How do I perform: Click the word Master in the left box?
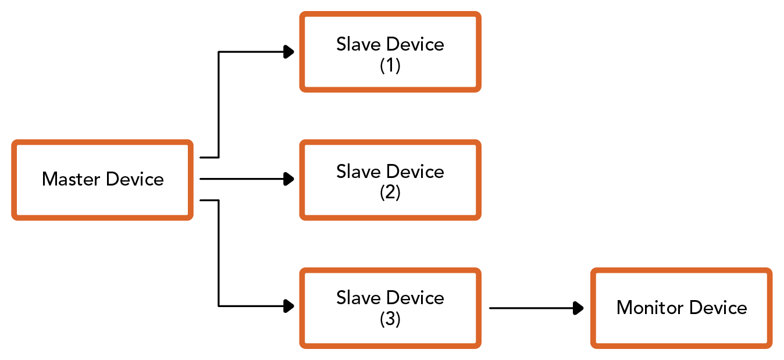[71, 179]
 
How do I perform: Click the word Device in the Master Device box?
[135, 179]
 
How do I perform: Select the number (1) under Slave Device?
[390, 65]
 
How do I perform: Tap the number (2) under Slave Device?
[390, 193]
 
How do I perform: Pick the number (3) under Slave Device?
[390, 319]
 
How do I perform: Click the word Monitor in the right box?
[650, 308]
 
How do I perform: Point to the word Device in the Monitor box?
[718, 308]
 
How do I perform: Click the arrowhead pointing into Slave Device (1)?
[288, 52]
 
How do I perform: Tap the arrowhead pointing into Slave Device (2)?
[288, 179]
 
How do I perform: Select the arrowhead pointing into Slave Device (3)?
[288, 306]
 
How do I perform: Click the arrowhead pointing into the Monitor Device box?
[578, 308]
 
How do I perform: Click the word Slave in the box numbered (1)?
[358, 44]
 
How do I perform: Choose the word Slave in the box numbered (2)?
[358, 172]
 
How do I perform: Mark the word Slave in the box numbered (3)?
[358, 298]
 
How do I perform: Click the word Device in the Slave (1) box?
[415, 44]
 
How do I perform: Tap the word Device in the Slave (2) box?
[415, 172]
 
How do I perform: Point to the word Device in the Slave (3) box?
[415, 298]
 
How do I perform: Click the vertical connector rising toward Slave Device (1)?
[219, 105]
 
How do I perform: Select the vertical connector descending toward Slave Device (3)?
[219, 254]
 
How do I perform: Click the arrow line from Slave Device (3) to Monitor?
[536, 308]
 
